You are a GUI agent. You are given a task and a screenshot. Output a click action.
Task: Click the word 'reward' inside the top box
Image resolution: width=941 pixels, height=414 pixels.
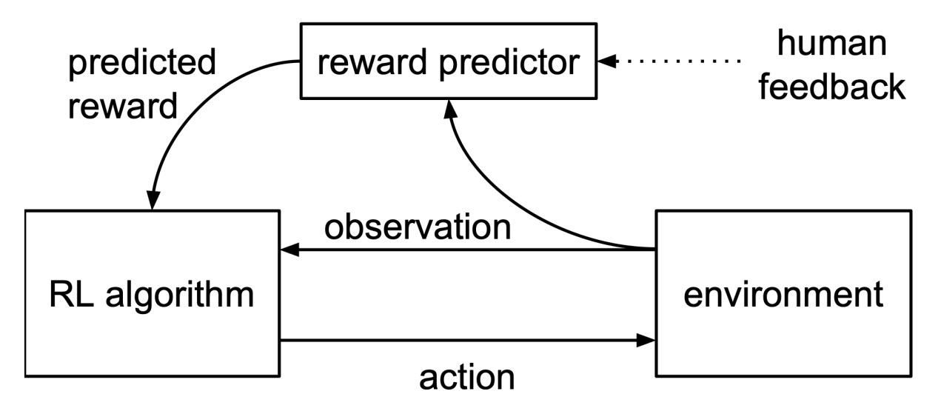pos(372,62)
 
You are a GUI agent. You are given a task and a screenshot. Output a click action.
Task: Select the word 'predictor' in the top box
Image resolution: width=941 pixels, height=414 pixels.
pos(509,63)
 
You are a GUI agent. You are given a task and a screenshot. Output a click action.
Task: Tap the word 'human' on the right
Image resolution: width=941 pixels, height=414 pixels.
pos(831,43)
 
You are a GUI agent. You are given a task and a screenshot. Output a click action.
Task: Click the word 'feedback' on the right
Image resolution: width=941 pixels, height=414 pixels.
pos(831,87)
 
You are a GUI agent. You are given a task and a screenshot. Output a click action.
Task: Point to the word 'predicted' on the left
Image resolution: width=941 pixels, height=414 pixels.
pos(142,63)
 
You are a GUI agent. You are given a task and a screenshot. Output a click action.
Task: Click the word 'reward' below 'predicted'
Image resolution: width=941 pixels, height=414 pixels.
pos(123,107)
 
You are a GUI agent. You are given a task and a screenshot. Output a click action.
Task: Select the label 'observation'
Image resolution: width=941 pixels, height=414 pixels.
pos(418,227)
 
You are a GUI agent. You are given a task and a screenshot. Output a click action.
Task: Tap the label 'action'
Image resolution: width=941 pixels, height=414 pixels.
pos(466,378)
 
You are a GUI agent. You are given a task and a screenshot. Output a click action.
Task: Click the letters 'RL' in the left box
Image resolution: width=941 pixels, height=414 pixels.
pos(70,295)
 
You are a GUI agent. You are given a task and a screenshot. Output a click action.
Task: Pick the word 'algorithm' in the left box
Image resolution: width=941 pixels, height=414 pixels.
pos(180,296)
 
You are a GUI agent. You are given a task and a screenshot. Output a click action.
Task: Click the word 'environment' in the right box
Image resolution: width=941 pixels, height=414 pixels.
pos(783,295)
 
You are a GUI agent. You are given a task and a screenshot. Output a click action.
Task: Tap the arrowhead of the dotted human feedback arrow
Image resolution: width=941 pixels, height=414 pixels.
pos(607,61)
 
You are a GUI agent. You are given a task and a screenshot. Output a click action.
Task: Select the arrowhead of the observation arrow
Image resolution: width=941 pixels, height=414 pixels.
pos(290,250)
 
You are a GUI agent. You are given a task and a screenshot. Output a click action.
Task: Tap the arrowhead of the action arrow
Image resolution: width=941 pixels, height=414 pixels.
pos(646,340)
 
